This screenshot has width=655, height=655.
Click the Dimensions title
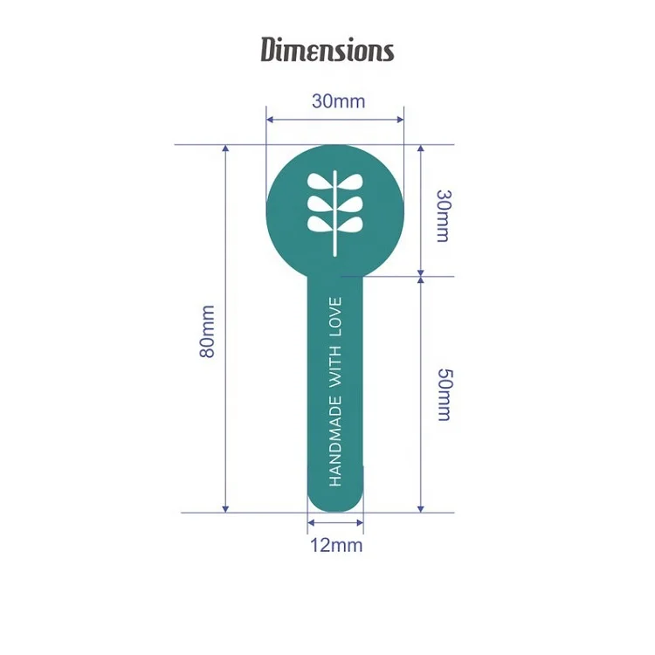tap(327, 50)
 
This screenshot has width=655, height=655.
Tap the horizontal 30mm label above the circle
tap(338, 101)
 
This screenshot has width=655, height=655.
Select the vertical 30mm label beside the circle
tap(443, 216)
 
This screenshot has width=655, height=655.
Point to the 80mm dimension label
tap(207, 332)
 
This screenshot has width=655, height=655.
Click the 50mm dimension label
tap(444, 395)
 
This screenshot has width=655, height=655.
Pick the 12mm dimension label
tap(336, 546)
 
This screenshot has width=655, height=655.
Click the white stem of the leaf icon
tap(335, 213)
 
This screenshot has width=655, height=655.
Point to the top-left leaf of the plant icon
tap(320, 182)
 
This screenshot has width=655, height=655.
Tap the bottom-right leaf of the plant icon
tap(350, 224)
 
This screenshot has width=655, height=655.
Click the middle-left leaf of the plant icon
tap(320, 203)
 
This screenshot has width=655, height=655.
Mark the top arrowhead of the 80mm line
tap(225, 148)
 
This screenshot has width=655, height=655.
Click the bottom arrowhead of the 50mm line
tap(421, 509)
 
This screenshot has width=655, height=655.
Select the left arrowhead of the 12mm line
tap(310, 522)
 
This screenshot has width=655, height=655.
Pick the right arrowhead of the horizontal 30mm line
tap(400, 120)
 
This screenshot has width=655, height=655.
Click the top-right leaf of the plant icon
tap(350, 182)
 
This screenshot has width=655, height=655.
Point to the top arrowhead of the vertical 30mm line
tap(421, 148)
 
